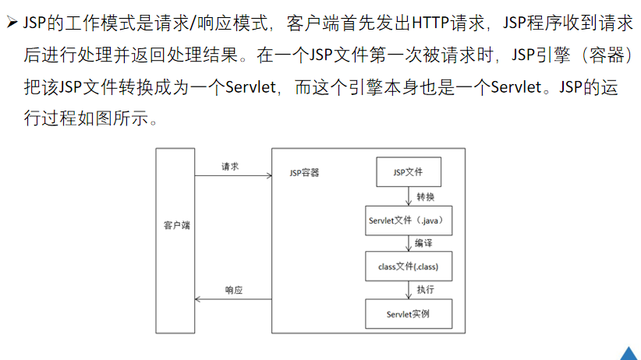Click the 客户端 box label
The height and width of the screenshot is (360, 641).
(176, 225)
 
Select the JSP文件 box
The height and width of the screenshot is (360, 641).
(409, 172)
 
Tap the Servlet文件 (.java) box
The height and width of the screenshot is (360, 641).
(408, 221)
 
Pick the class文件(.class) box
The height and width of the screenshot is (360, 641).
(408, 266)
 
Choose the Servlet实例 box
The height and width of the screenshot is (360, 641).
(408, 313)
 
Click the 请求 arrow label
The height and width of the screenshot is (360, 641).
(230, 166)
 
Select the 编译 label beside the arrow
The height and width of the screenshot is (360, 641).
(424, 244)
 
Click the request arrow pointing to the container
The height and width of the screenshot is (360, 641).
(231, 177)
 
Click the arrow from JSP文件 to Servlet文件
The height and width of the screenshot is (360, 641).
(409, 196)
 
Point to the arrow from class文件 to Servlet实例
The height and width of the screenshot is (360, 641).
(409, 290)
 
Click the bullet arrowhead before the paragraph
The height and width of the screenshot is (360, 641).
(12, 24)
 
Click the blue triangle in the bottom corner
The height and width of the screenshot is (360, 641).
(629, 353)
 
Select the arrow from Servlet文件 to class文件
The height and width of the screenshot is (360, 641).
(409, 243)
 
